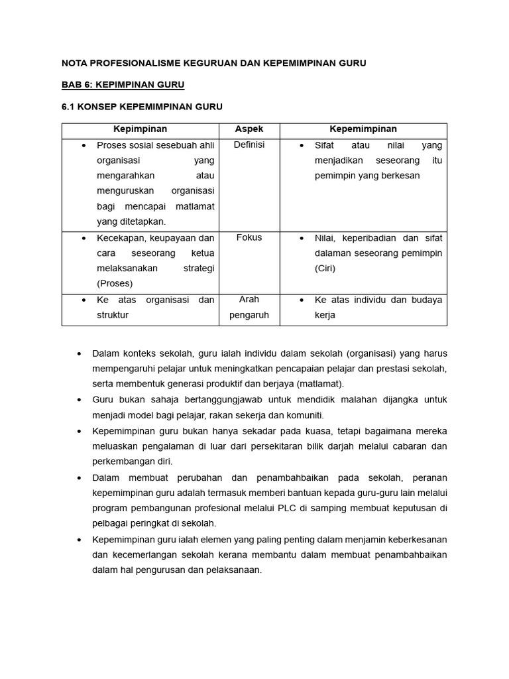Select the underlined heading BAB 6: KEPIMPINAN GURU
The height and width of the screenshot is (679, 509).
[x=123, y=85]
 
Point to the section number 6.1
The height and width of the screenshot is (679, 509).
[x=69, y=107]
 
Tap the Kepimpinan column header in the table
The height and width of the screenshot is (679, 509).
[x=140, y=129]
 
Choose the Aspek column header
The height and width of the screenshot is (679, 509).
[x=249, y=129]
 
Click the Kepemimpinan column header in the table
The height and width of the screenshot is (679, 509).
[x=363, y=129]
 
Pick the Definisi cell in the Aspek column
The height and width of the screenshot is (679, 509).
[x=249, y=145]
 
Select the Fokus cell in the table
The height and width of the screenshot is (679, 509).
[x=249, y=237]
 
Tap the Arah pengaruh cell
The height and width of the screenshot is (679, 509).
[x=249, y=307]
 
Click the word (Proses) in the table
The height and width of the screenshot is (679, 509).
[x=115, y=284]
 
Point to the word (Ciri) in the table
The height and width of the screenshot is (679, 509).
[x=325, y=269]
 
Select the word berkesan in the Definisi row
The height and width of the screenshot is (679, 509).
[x=400, y=176]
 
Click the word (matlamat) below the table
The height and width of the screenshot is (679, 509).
[x=316, y=384]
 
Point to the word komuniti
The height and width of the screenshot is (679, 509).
[x=304, y=415]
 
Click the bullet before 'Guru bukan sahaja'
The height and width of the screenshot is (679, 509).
[x=79, y=400]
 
